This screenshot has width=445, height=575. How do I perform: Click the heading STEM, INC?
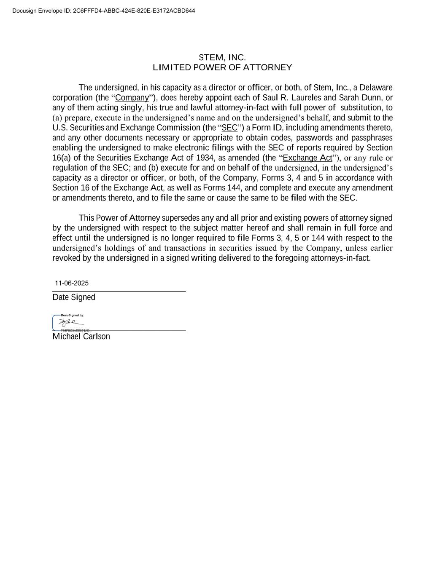(x=222, y=57)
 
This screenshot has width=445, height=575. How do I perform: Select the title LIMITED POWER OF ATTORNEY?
(x=222, y=67)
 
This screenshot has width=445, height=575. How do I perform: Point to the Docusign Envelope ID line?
(x=104, y=11)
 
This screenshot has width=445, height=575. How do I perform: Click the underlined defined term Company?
(x=132, y=98)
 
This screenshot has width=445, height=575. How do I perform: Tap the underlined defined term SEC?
(x=229, y=128)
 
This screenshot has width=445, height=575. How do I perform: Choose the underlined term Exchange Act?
(x=307, y=158)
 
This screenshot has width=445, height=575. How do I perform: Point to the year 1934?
(x=205, y=158)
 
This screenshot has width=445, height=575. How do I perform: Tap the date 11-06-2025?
(x=72, y=283)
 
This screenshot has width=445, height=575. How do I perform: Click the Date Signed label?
(x=74, y=297)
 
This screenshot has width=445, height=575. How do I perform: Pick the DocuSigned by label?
(x=72, y=315)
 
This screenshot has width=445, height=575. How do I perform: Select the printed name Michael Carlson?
(x=81, y=337)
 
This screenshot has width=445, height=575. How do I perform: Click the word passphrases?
(x=372, y=138)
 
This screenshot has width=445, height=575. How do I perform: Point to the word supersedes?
(x=181, y=218)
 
